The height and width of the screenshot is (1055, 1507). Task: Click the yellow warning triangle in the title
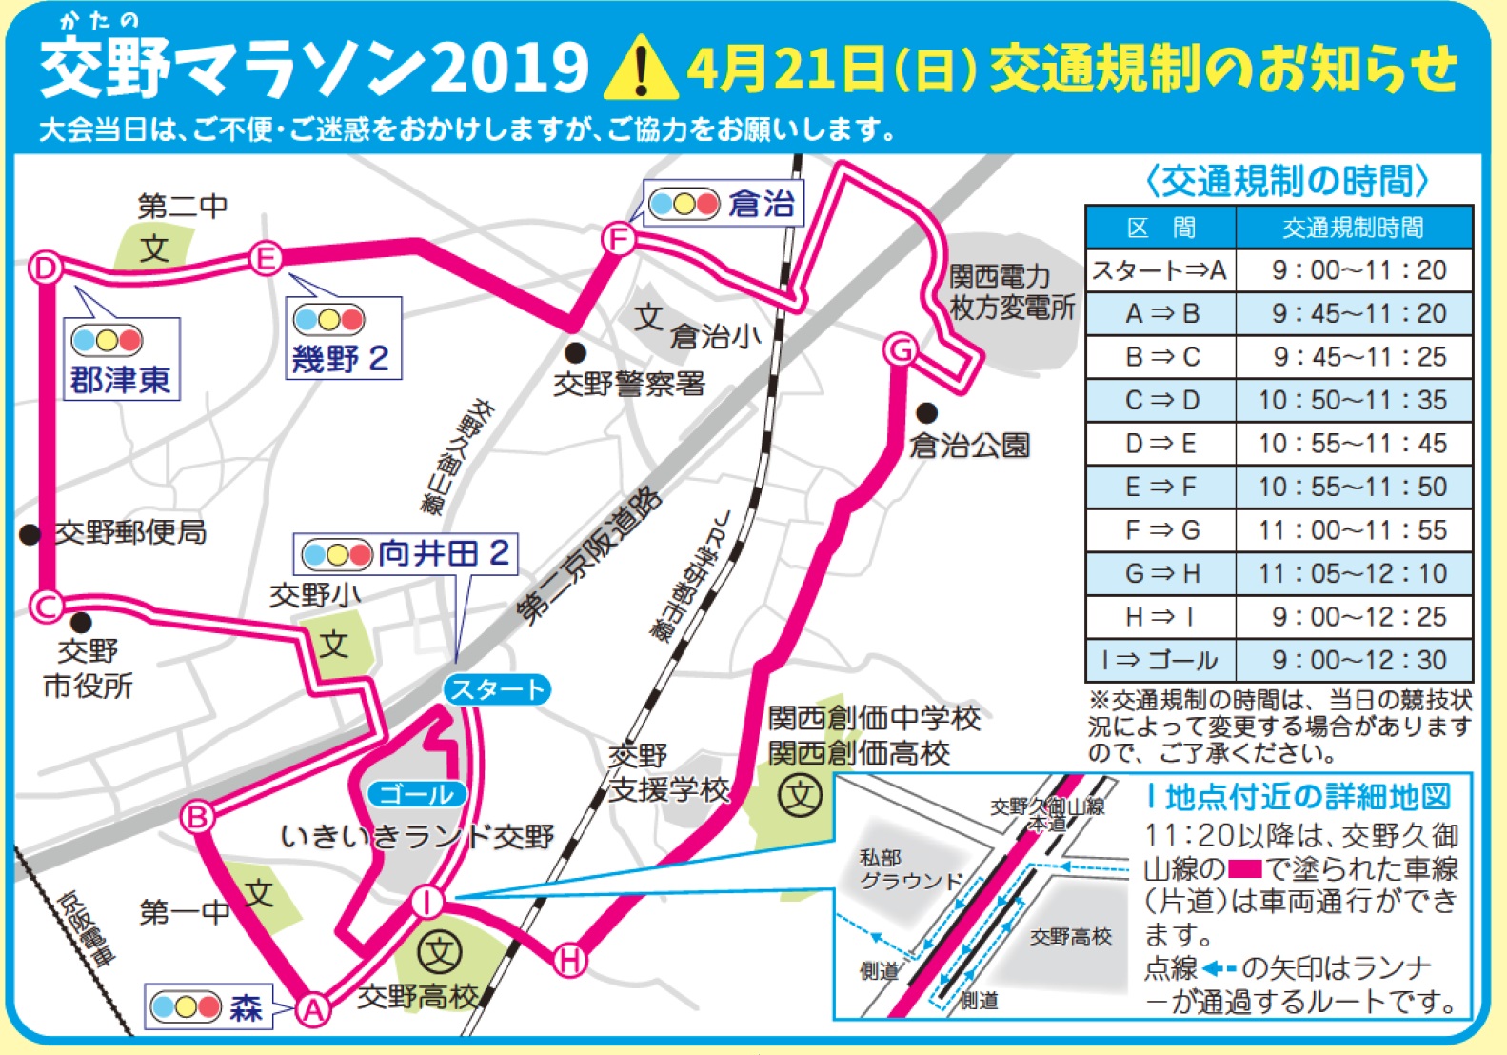click(641, 70)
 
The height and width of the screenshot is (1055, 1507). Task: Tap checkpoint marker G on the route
click(900, 350)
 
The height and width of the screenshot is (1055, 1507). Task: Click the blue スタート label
click(497, 689)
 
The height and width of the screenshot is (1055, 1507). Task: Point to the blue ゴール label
click(417, 793)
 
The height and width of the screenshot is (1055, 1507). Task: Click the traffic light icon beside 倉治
click(683, 204)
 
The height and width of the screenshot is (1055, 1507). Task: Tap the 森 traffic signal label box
click(208, 1006)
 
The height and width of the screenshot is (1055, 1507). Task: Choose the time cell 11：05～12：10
click(1353, 573)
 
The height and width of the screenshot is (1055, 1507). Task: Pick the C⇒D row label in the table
click(1160, 400)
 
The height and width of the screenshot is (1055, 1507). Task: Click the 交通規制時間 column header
click(1353, 228)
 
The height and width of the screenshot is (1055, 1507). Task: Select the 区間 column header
click(1160, 228)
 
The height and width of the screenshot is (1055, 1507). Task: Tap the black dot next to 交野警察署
click(574, 352)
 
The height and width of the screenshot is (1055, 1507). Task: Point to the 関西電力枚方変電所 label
click(1011, 292)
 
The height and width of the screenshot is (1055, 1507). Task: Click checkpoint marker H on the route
click(569, 959)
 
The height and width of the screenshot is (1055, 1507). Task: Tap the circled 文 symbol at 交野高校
click(440, 951)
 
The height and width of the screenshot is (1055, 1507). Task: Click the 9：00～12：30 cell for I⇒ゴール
click(1353, 660)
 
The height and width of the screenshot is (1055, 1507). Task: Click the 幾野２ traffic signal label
click(343, 339)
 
